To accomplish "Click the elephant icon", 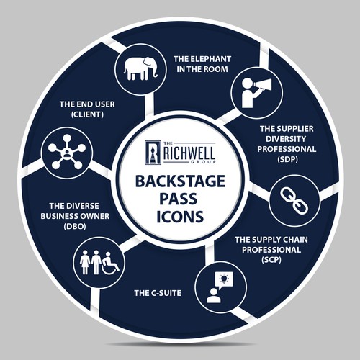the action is pos(141,68).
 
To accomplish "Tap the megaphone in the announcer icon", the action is pos(262,85).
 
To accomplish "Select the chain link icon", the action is pos(294,201).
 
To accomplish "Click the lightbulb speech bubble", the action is pos(225,280).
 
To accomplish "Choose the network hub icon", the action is pos(67,152).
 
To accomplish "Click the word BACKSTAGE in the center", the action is pos(180,181).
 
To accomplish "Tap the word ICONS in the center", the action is pos(180,216).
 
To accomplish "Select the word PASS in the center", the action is pos(179,199).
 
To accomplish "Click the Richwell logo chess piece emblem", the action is pos(153,153).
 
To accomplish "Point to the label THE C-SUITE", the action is pos(158,293).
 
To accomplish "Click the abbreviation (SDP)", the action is pos(287,159).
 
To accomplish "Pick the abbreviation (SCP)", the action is pos(271,260).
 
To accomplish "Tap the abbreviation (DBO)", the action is pos(75,226).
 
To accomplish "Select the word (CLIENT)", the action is pos(87,114).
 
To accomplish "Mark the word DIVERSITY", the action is pos(286,139).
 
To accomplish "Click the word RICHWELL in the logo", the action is pos(189,153).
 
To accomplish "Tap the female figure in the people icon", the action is pos(85,263).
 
